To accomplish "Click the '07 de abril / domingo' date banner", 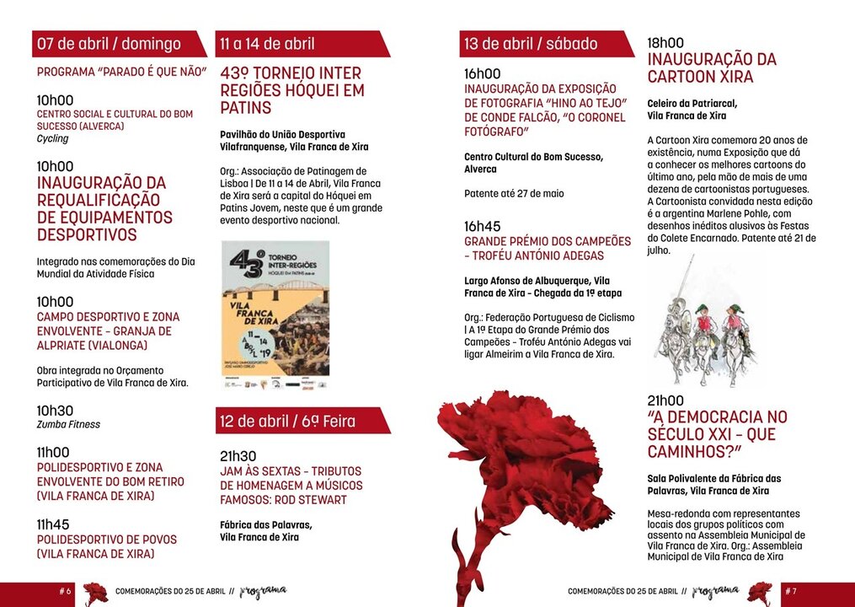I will tap(110, 44).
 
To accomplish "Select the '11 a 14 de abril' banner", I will tap(268, 44).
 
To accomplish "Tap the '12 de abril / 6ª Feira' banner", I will tap(288, 421).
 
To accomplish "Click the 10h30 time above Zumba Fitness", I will tap(55, 411).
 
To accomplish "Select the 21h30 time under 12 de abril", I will tap(238, 456).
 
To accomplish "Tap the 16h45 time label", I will tap(483, 227).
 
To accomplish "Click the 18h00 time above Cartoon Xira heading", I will tap(665, 43).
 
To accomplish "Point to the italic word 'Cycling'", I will tap(53, 139).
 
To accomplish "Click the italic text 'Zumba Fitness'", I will tap(68, 425).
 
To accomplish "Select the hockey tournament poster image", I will tap(275, 315).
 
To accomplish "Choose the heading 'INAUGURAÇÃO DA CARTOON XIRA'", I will tap(712, 68).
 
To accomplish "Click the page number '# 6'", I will tap(65, 592).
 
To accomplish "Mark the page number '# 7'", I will tap(790, 592).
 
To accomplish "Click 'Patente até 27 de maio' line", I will tap(514, 194).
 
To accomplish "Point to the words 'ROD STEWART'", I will tap(311, 500).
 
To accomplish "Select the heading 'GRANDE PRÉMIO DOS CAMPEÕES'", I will tap(548, 241).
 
